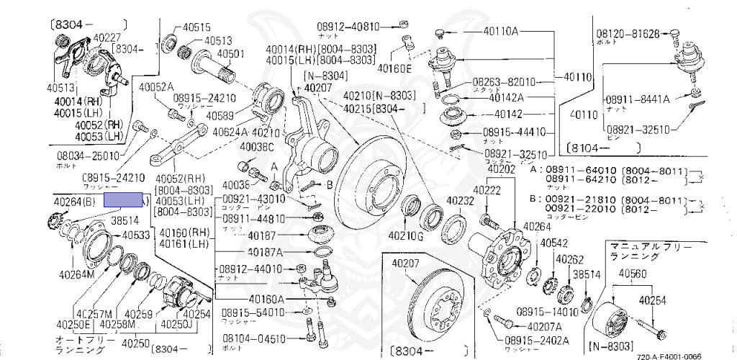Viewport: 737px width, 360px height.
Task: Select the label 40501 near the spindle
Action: click(x=231, y=53)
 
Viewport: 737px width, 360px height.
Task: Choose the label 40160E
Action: click(x=396, y=69)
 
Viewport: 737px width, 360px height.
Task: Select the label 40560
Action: click(x=633, y=274)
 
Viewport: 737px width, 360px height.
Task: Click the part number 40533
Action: click(x=135, y=235)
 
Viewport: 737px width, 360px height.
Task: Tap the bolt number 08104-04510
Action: click(x=253, y=338)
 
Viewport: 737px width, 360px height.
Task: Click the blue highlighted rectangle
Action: click(x=124, y=200)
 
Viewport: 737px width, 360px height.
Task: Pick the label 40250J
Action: click(x=196, y=325)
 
